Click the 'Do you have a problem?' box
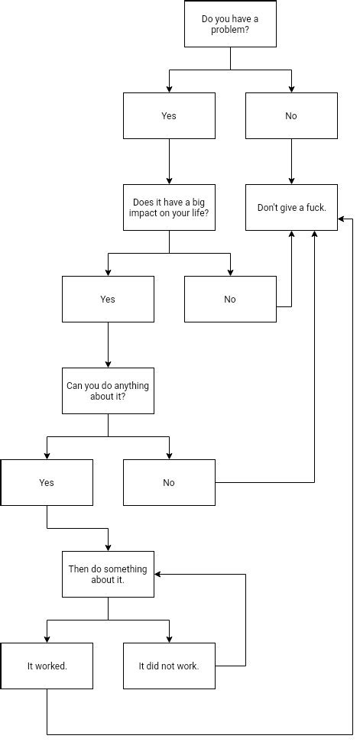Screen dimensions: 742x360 [x=230, y=24]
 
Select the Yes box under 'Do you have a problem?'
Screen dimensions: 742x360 [x=169, y=115]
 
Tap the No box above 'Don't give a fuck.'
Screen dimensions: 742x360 [x=291, y=115]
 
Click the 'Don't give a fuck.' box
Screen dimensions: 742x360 [x=291, y=207]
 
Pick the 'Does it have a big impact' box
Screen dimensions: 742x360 [x=169, y=207]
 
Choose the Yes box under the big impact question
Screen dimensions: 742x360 [x=108, y=299]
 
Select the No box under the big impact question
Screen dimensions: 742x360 [x=230, y=299]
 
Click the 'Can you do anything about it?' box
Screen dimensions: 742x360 [x=108, y=390]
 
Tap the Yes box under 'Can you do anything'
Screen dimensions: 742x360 [x=47, y=482]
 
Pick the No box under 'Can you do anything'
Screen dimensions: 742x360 [x=169, y=482]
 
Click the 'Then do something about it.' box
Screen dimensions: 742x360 [x=108, y=574]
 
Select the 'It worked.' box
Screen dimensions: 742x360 [x=47, y=666]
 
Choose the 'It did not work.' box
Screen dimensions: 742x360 [x=169, y=666]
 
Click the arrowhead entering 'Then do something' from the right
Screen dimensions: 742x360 [x=158, y=575]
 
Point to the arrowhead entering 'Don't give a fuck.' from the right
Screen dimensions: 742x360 [x=342, y=219]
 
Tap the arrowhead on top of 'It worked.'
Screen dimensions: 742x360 [x=47, y=639]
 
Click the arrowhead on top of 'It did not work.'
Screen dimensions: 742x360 [x=169, y=639]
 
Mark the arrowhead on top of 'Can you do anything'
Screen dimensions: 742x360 [x=108, y=364]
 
